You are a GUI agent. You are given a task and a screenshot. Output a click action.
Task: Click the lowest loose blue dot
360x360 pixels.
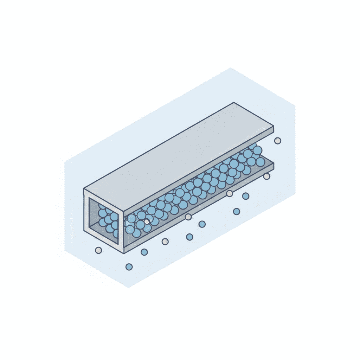point(129,267)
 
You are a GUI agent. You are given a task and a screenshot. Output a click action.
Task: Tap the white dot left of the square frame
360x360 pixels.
point(98,250)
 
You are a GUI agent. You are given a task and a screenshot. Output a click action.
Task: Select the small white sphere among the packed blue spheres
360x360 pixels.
point(147,221)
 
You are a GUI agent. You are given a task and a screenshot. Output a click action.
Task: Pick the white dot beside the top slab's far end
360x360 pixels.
point(277,141)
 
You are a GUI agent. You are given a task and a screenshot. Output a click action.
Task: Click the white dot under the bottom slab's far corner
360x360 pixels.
point(267,176)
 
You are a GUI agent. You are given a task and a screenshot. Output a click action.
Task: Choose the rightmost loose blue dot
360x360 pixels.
point(246,196)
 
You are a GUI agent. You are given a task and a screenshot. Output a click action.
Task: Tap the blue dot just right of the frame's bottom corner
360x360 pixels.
point(144,252)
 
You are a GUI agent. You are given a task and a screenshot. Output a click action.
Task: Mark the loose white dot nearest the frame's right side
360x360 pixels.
point(165,241)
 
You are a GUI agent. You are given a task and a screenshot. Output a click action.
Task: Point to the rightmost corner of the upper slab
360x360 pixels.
point(274,126)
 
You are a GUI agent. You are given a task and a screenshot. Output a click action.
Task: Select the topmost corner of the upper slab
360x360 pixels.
point(234,103)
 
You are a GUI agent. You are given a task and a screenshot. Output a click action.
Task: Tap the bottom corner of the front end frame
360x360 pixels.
point(123,253)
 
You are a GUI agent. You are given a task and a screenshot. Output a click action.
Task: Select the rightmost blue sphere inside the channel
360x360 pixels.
point(260,162)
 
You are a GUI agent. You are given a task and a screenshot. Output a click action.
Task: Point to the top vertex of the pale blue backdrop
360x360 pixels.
point(231,68)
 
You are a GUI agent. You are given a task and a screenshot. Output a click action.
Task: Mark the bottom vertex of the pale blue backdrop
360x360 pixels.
point(128,287)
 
